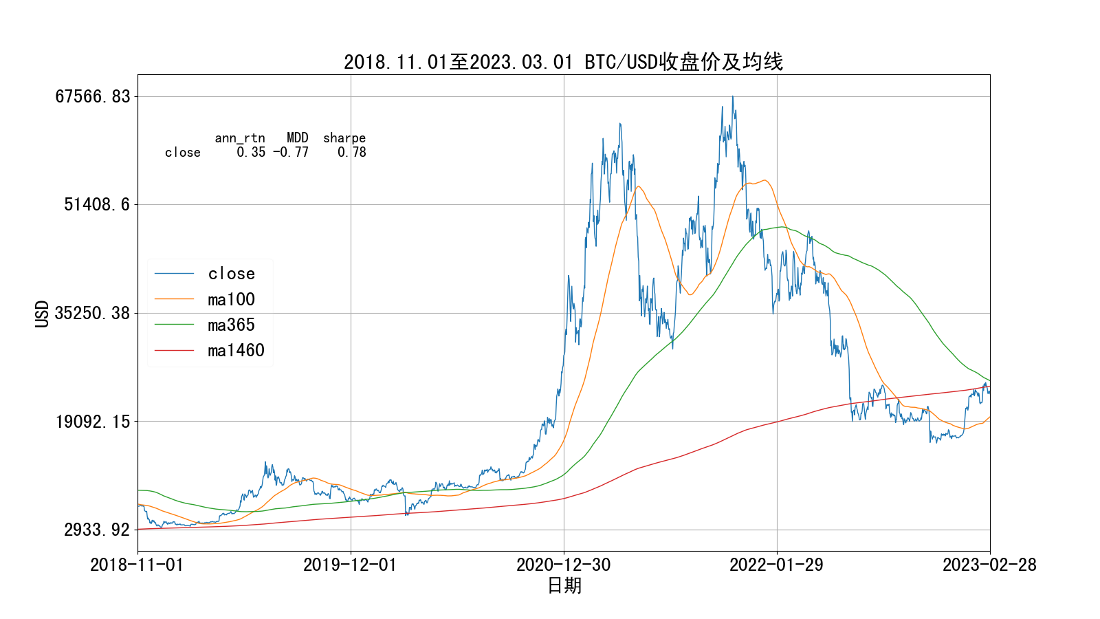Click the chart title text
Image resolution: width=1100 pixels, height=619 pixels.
(563, 62)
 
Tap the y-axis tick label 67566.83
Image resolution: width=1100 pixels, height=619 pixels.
(93, 96)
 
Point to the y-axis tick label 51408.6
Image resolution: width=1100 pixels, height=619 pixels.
(96, 204)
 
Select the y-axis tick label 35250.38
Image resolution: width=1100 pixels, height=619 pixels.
(93, 313)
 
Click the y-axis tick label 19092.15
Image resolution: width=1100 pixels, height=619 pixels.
(93, 421)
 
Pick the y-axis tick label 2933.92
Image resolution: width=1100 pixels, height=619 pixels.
(96, 530)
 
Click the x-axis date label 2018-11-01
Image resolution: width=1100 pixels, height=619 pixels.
(137, 565)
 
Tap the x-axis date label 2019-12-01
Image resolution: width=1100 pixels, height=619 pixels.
(350, 565)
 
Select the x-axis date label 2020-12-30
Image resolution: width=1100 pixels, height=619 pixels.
(563, 565)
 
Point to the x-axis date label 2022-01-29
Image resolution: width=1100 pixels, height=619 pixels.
(776, 565)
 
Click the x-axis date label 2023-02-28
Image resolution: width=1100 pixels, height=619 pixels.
(989, 565)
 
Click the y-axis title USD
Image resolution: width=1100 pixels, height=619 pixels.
(43, 313)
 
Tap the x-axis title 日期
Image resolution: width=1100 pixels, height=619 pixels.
(564, 585)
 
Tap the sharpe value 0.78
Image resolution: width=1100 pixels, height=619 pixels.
(351, 153)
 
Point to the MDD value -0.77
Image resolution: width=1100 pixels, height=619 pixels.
(291, 153)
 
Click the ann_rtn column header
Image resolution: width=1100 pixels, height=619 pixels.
(240, 138)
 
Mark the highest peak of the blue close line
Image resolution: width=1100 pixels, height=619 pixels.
(732, 97)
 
